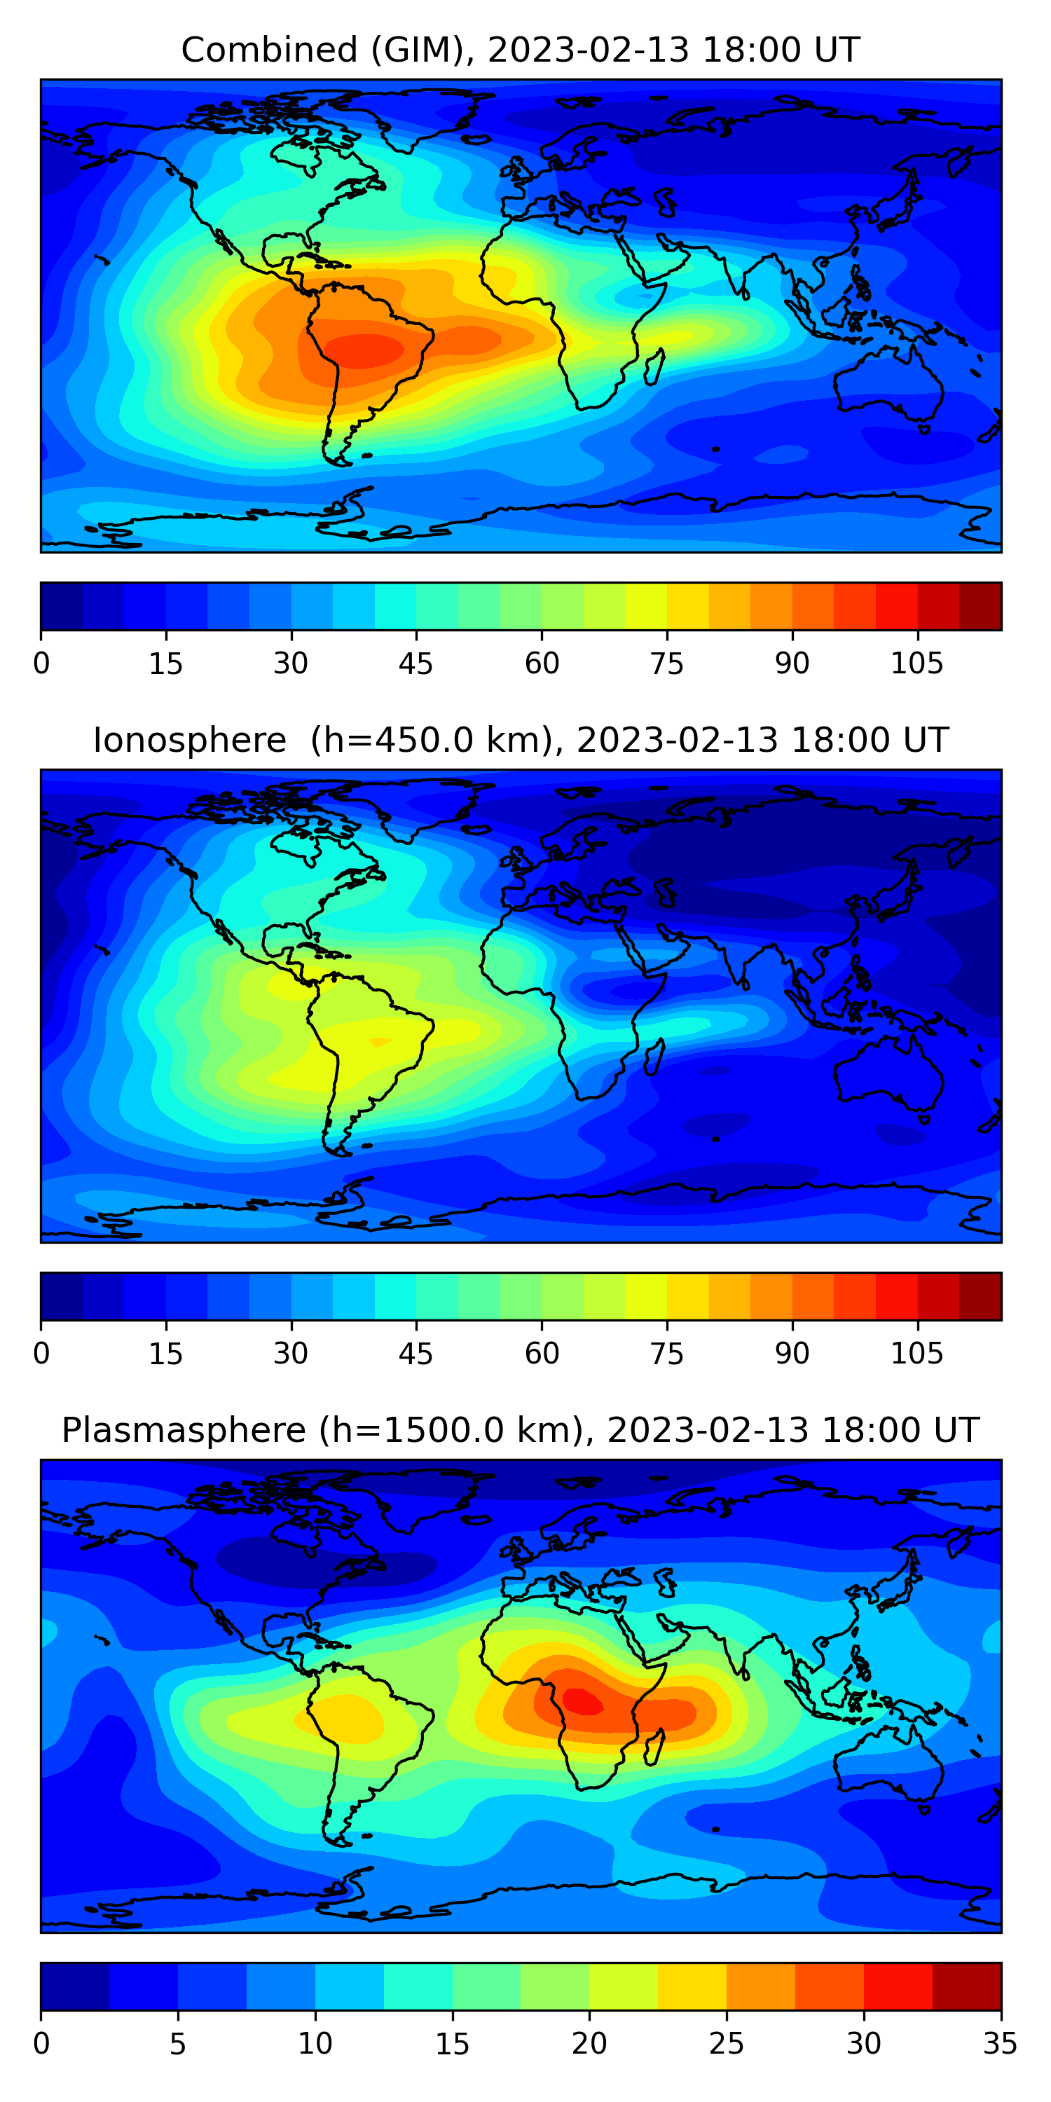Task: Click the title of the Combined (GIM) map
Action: (x=520, y=50)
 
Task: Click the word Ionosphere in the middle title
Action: (x=189, y=740)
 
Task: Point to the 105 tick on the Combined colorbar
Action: (x=916, y=664)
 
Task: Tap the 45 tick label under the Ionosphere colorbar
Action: (x=415, y=1354)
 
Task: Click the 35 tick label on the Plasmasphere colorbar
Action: (x=1000, y=2044)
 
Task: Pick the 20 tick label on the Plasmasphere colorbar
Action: (x=589, y=2044)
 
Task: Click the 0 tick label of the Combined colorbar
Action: (x=41, y=664)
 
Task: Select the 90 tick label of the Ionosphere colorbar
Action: (x=792, y=1354)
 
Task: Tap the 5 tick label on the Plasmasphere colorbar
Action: (x=178, y=2044)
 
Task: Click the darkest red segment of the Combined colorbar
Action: (x=980, y=606)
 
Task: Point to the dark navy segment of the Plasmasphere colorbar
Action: (x=75, y=1986)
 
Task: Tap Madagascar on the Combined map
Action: (x=654, y=366)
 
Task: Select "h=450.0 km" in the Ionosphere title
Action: (x=433, y=740)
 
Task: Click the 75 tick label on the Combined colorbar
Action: (x=666, y=664)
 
